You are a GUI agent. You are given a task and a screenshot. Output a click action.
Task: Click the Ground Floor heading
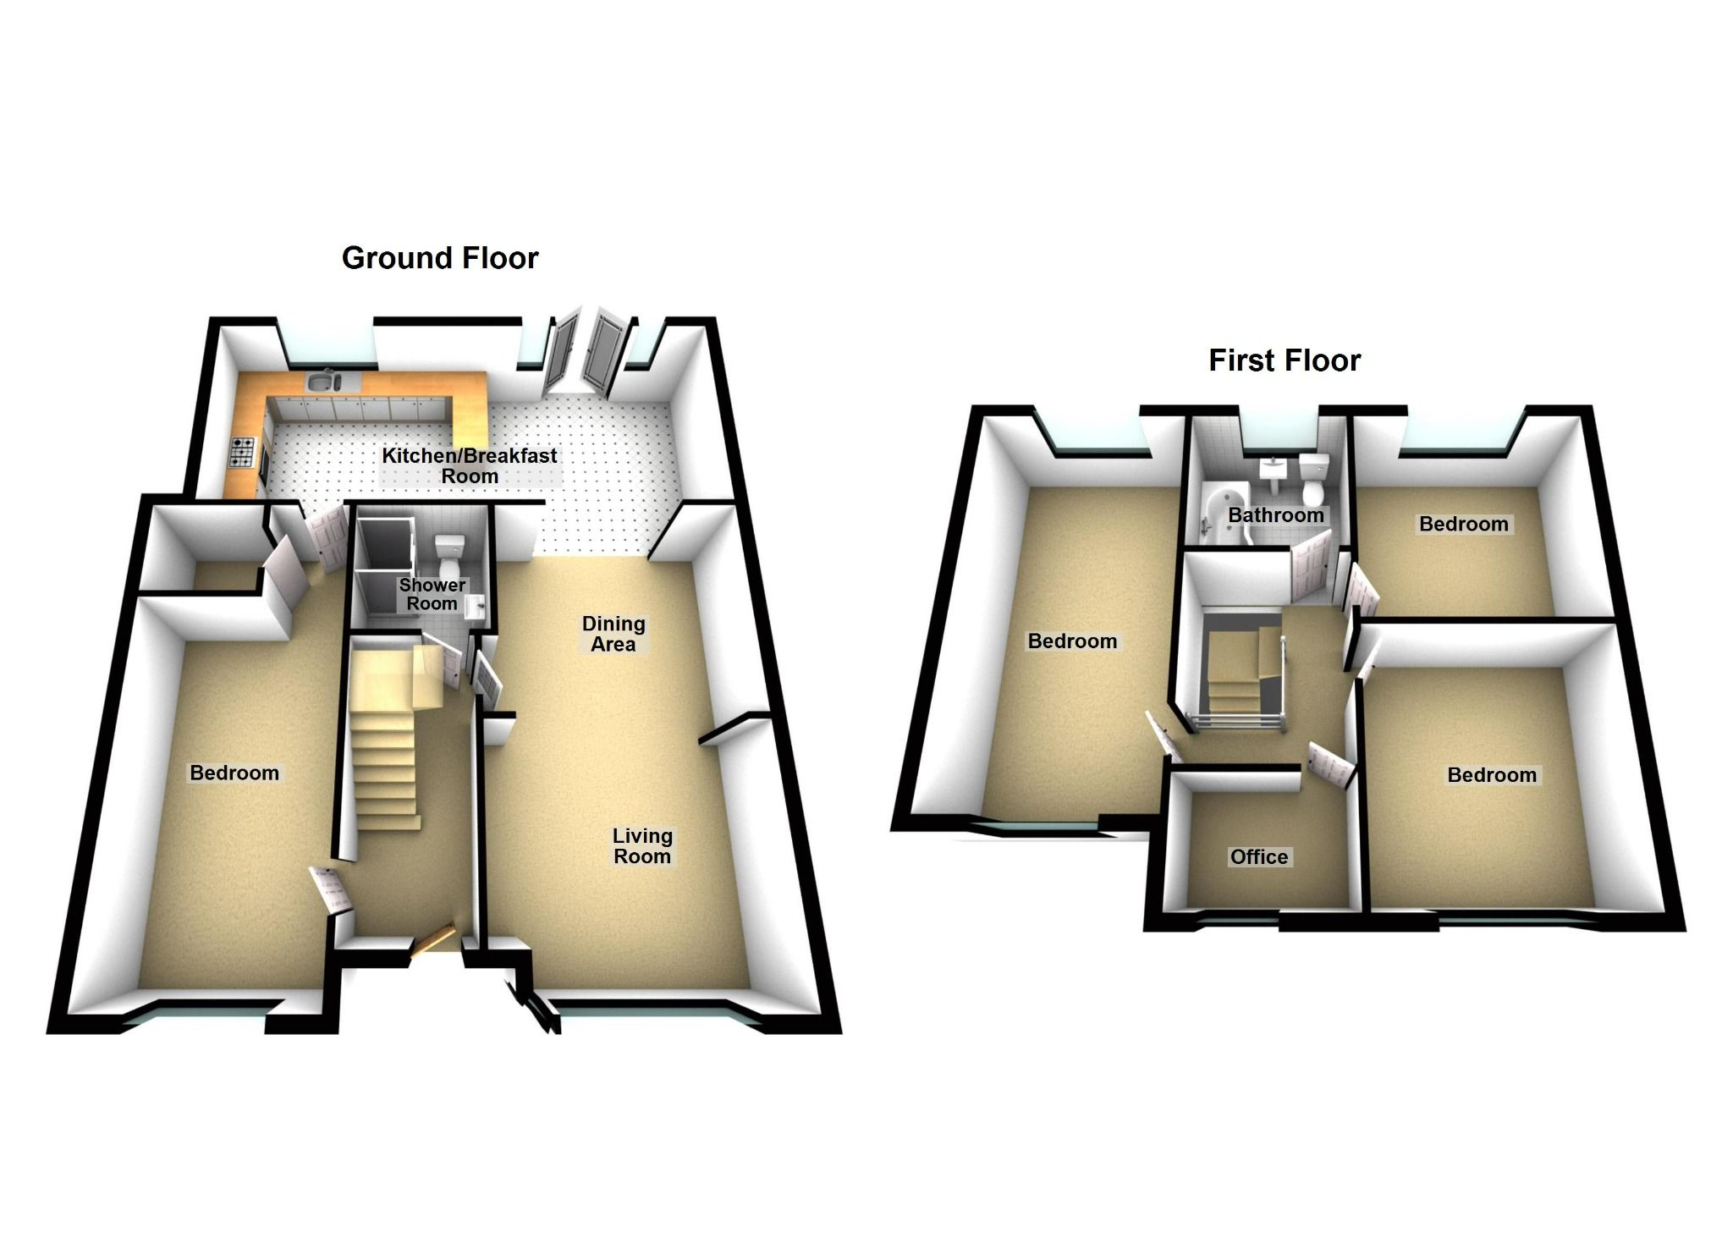coord(439,258)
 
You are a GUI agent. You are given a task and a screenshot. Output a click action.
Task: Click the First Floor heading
coord(1284,360)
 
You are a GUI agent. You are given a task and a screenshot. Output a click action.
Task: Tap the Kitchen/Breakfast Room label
coord(469,465)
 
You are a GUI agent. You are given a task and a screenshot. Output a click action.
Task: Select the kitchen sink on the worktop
coord(322,383)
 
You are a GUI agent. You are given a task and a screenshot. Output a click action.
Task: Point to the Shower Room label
coord(432,594)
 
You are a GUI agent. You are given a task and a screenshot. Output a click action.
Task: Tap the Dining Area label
coord(613,634)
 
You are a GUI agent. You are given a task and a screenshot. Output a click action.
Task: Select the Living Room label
coord(642,845)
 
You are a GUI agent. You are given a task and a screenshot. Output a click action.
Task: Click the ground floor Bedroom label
coord(234,773)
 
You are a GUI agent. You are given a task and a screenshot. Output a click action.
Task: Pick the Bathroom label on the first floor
coord(1275,514)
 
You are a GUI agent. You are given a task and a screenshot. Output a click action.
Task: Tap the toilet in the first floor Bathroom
coord(1314,480)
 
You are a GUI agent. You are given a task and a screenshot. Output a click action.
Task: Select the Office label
coord(1259,857)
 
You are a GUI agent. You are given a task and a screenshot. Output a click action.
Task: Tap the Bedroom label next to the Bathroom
coord(1463,524)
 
